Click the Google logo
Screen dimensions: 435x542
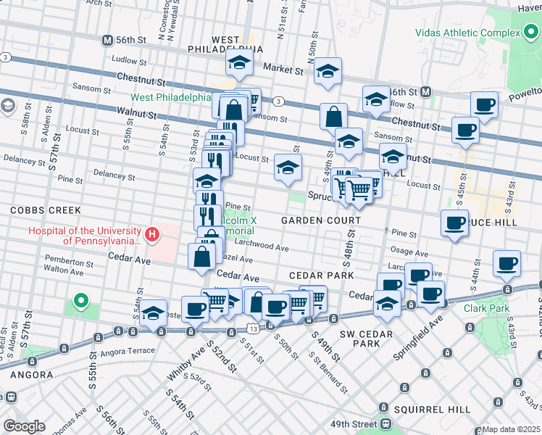tap(24, 426)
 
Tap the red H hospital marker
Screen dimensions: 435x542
tap(152, 234)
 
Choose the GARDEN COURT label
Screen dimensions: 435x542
tap(321, 220)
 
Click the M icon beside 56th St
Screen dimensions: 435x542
tap(108, 41)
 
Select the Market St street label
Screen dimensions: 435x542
tap(283, 70)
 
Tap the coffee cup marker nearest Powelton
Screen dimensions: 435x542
tap(484, 104)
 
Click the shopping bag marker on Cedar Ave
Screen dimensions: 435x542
tap(201, 257)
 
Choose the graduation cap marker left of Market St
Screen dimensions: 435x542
tap(238, 63)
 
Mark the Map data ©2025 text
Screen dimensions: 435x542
tap(512, 429)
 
